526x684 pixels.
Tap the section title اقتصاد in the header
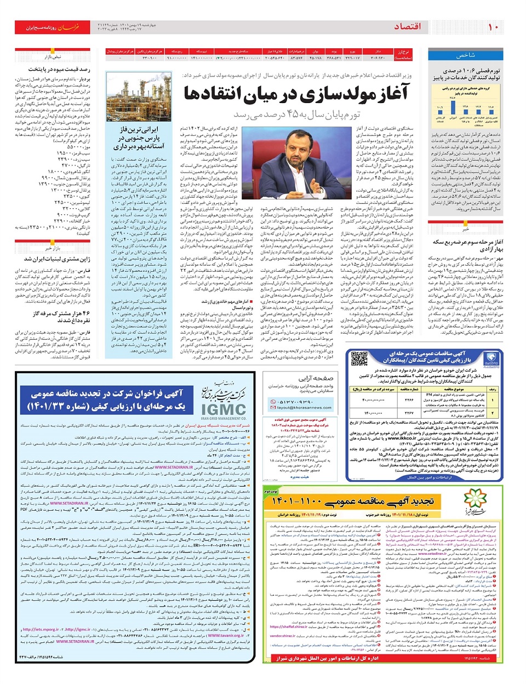[408, 26]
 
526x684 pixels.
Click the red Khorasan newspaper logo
[52, 27]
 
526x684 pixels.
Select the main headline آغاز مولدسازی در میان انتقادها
[296, 94]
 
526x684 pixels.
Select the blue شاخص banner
[465, 55]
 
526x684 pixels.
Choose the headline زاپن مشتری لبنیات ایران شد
[57, 259]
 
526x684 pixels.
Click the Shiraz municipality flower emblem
[475, 500]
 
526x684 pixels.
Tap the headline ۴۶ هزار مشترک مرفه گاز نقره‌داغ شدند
[58, 317]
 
